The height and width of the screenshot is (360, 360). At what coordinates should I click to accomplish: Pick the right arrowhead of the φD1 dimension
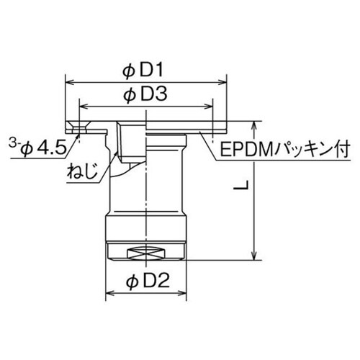tap(224, 82)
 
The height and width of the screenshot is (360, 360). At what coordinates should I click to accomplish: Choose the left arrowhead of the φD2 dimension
tap(110, 293)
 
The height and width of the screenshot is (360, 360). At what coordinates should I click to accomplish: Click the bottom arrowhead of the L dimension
tap(253, 256)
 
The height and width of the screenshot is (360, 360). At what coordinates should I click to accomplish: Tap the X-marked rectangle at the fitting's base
tap(147, 252)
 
